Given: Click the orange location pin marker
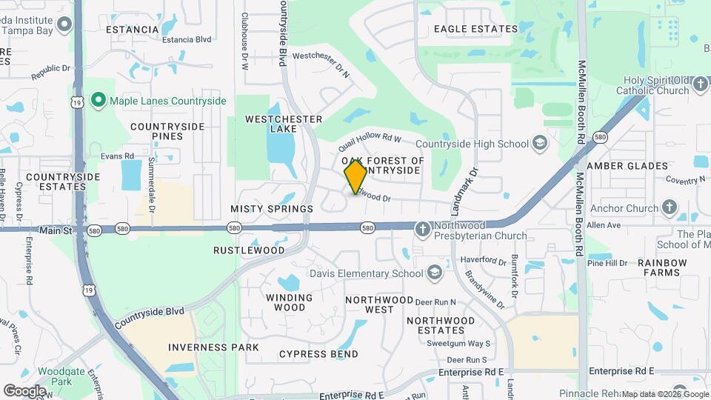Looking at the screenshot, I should [x=355, y=176].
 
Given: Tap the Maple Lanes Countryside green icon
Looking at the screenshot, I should [x=98, y=99].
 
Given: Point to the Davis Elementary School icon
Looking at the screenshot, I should [x=434, y=273].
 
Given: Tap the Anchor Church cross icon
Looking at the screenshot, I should [x=670, y=208].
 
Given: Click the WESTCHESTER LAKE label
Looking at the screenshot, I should [x=284, y=124].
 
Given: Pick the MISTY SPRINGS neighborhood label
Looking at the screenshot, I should [x=272, y=210].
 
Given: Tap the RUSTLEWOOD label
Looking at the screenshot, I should [x=249, y=250].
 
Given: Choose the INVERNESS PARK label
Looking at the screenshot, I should [x=213, y=347].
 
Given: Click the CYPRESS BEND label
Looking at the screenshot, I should [x=318, y=355].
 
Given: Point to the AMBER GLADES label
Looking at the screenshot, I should [x=627, y=166].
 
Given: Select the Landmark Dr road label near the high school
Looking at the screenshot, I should [x=464, y=187].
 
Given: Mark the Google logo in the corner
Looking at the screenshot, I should [x=24, y=390].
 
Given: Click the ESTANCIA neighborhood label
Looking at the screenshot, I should [x=132, y=30].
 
